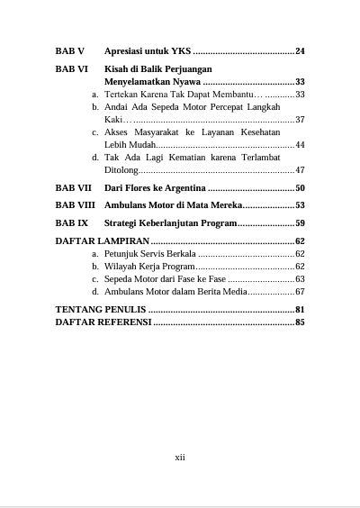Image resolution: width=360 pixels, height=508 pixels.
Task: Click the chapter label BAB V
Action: (69, 50)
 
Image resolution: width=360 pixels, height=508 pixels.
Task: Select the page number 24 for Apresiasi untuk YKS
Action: (300, 50)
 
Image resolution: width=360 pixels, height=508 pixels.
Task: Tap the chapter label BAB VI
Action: (71, 68)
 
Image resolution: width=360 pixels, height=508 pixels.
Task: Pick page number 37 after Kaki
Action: (300, 120)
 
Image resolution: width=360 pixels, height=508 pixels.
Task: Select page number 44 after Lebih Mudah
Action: (300, 145)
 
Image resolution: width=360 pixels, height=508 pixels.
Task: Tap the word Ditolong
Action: (121, 170)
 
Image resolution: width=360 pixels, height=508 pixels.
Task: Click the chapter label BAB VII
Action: (73, 187)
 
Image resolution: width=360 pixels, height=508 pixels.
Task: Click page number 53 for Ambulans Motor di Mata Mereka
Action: (300, 204)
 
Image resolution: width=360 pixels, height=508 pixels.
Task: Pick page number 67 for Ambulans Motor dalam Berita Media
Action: (300, 292)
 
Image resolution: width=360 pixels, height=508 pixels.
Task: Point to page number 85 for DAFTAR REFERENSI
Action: (300, 322)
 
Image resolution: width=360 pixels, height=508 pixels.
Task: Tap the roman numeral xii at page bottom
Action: (179, 457)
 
